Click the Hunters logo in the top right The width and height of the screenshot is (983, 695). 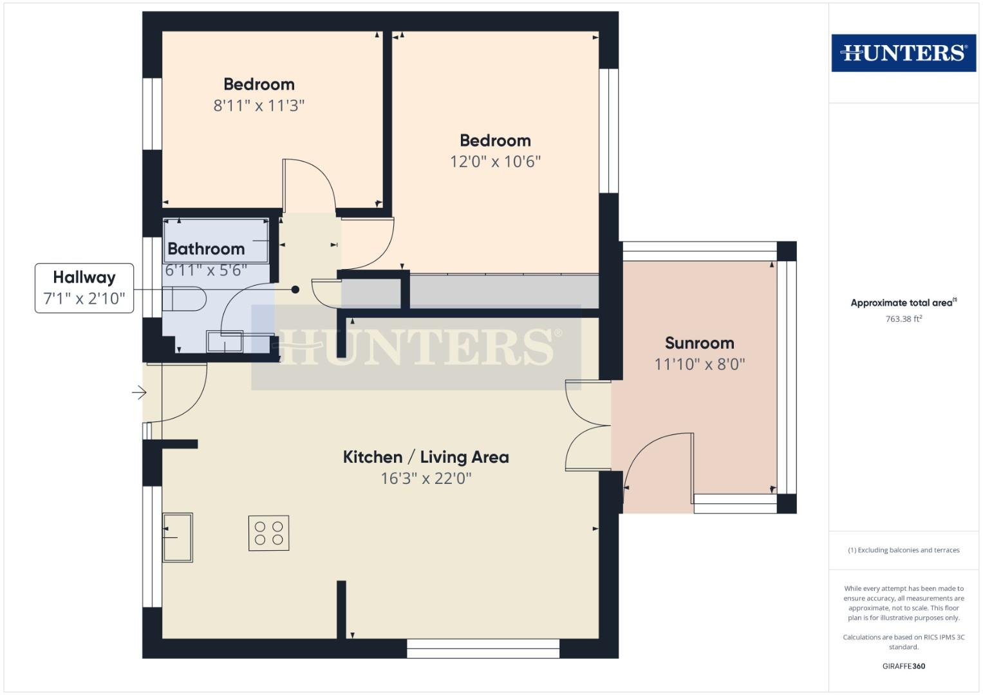pyautogui.click(x=903, y=53)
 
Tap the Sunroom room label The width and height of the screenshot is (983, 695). pyautogui.click(x=699, y=343)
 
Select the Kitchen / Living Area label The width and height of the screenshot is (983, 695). pyautogui.click(x=426, y=458)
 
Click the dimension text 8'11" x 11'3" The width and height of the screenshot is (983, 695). pyautogui.click(x=259, y=106)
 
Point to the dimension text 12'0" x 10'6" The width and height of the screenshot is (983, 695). pyautogui.click(x=495, y=162)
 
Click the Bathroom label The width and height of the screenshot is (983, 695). pyautogui.click(x=206, y=249)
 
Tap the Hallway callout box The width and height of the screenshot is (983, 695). pyautogui.click(x=84, y=288)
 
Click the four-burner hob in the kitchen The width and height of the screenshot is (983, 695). pyautogui.click(x=268, y=533)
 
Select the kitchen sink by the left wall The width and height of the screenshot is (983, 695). pyautogui.click(x=177, y=537)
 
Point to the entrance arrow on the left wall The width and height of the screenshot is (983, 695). pyautogui.click(x=139, y=392)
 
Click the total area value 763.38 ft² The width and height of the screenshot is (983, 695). pyautogui.click(x=903, y=319)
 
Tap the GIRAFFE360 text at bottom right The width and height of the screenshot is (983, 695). pyautogui.click(x=903, y=666)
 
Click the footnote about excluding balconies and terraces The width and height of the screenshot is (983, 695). pyautogui.click(x=903, y=550)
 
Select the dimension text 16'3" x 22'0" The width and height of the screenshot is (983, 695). pyautogui.click(x=426, y=479)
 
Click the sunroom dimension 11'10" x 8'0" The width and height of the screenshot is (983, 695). pyautogui.click(x=699, y=364)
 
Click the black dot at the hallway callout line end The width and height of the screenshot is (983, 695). pyautogui.click(x=295, y=290)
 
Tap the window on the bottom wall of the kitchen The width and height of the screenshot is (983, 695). pyautogui.click(x=483, y=649)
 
